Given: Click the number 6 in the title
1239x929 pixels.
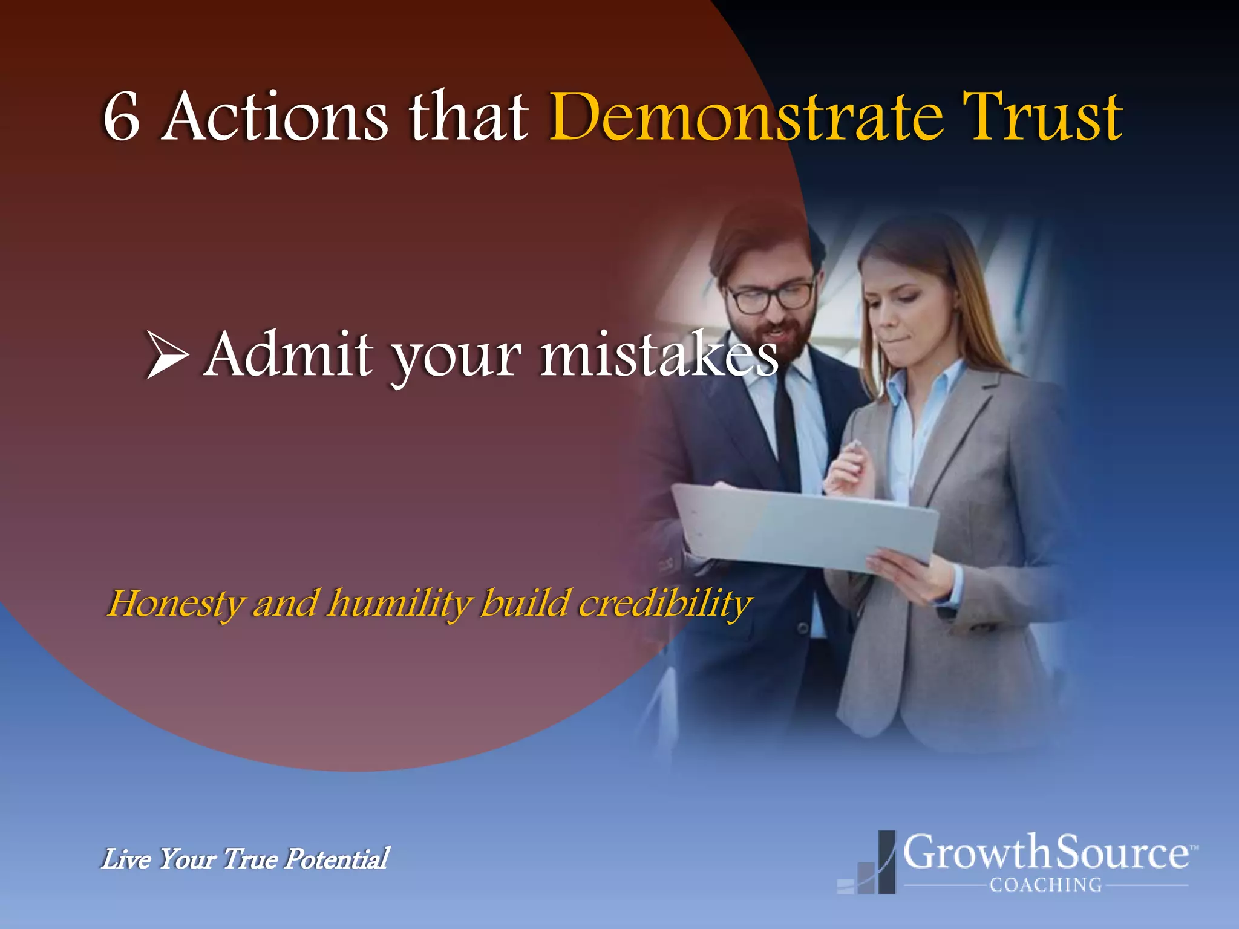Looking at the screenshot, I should click(x=122, y=117).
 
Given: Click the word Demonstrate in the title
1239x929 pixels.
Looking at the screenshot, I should click(x=745, y=117).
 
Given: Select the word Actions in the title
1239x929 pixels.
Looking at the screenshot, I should click(x=275, y=117).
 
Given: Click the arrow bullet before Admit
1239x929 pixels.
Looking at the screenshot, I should click(x=167, y=356).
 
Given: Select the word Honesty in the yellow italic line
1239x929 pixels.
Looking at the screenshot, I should click(x=176, y=604).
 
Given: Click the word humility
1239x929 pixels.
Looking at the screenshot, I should click(x=399, y=604).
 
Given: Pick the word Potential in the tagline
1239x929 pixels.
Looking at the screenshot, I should click(x=337, y=859).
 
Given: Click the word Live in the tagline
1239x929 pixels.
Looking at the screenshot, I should click(x=126, y=859).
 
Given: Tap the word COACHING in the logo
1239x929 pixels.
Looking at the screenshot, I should click(x=1046, y=885).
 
